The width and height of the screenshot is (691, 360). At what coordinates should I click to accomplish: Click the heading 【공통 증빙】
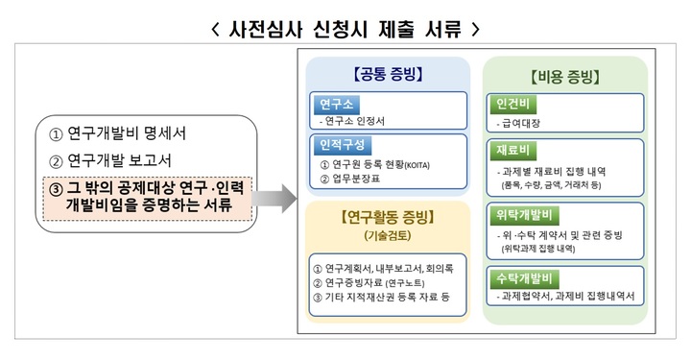click(387, 74)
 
